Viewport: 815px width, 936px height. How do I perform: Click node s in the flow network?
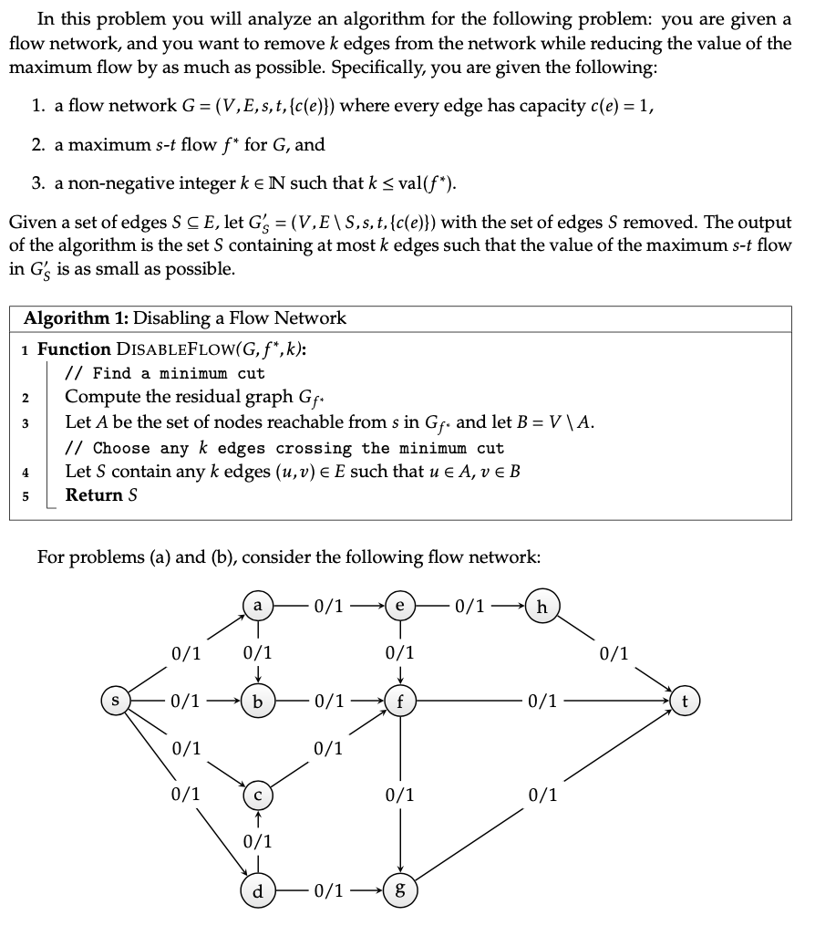(x=116, y=702)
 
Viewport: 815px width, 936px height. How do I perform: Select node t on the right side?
(x=686, y=702)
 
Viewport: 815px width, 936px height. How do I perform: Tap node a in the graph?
(x=258, y=605)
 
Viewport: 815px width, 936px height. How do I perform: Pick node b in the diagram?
(x=258, y=702)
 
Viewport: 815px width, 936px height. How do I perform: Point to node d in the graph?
(x=258, y=890)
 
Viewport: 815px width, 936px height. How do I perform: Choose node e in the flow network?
(x=400, y=605)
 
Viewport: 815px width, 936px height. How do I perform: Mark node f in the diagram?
(x=400, y=702)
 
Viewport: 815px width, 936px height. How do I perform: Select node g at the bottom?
(x=400, y=890)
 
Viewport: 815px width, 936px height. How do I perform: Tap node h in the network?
(x=543, y=605)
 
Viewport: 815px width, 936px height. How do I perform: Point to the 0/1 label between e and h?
(x=471, y=605)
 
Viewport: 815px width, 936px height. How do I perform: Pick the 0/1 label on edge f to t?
(x=543, y=702)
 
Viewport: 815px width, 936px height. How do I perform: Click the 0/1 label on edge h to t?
(x=614, y=653)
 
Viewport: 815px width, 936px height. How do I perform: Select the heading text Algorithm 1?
(x=75, y=318)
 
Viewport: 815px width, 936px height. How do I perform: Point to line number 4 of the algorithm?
(x=26, y=472)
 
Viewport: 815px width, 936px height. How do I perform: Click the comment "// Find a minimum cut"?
(x=165, y=373)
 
